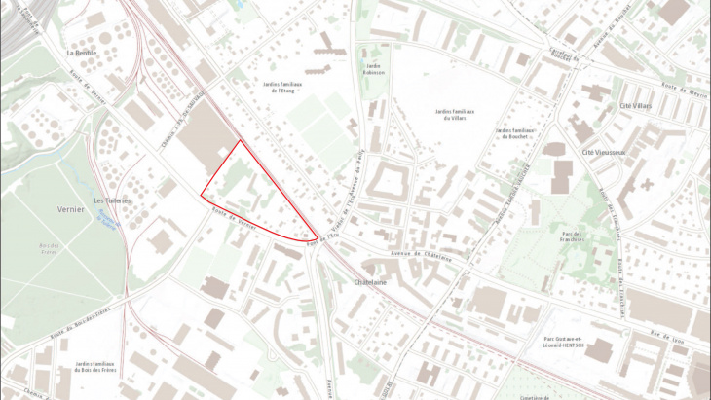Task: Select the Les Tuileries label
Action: point(112,201)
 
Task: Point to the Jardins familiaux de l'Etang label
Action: point(283,87)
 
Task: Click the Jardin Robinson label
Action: point(374,69)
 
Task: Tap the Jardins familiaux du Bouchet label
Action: point(516,133)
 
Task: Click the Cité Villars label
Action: point(635,105)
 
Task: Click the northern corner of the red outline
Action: point(240,140)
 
